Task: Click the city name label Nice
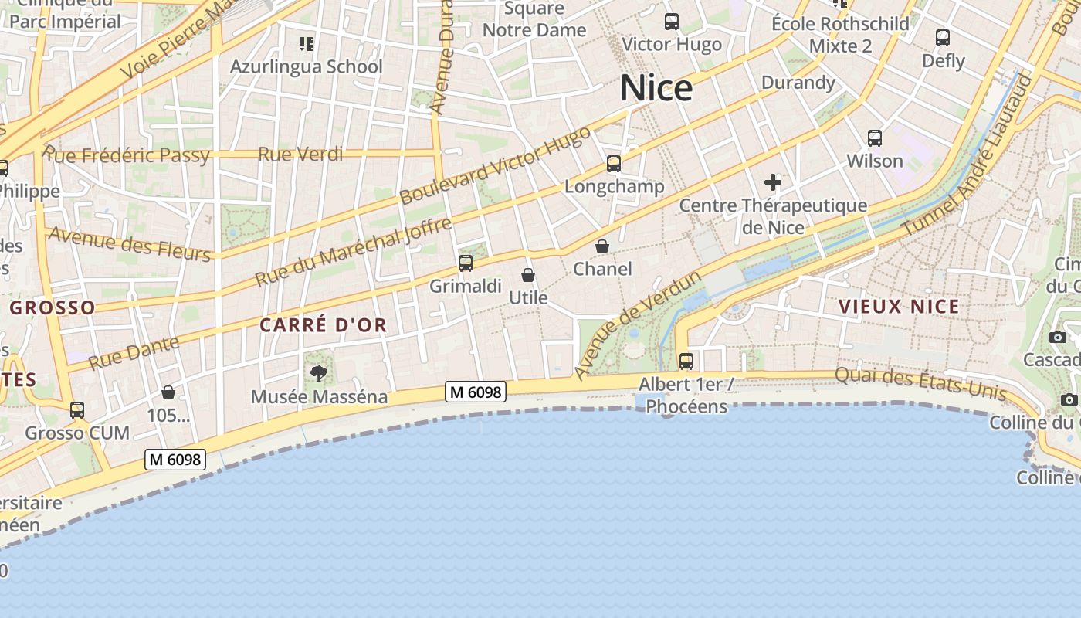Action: pos(656,89)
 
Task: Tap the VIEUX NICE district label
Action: pos(899,307)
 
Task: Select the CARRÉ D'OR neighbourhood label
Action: pos(323,325)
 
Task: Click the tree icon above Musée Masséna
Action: pos(318,375)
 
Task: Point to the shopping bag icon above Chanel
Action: pos(602,246)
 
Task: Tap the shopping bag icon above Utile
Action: pos(528,275)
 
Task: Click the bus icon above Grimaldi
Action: pos(465,263)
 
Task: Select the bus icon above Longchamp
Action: pos(614,164)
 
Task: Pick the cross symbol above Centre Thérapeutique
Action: pos(772,182)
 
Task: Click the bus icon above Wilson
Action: pos(874,138)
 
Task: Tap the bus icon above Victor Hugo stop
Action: pos(672,22)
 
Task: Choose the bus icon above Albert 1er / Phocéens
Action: pos(686,361)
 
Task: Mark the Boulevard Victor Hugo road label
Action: pos(495,165)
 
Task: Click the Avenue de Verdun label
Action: pos(637,324)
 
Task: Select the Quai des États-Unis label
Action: pos(921,384)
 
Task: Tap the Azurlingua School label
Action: pos(306,66)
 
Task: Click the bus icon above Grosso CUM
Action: pos(77,409)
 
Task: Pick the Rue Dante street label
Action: pos(134,352)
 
